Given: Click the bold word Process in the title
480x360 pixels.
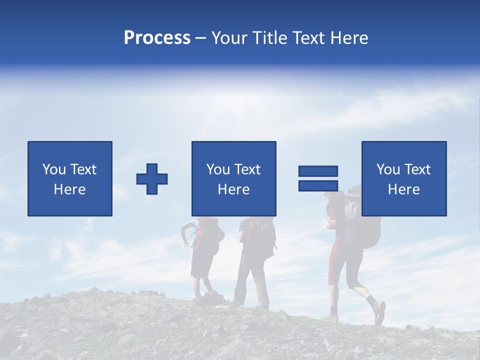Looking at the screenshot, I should tap(157, 38).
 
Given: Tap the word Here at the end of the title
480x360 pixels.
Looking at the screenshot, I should tap(348, 38).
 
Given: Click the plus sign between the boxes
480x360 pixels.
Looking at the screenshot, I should tap(152, 179).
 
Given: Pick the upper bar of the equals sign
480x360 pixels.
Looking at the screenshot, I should tap(318, 171).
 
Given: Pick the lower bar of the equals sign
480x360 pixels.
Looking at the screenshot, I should tap(318, 185).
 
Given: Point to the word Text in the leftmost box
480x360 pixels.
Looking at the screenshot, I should tap(83, 169).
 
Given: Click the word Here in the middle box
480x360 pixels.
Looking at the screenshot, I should tap(234, 189).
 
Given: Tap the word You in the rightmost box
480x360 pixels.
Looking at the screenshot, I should tap(388, 169).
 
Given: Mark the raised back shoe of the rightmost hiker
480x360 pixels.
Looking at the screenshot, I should tap(379, 312).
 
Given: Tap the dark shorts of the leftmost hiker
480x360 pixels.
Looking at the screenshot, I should tap(202, 265).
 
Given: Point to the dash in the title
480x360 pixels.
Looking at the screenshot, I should tap(200, 38).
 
